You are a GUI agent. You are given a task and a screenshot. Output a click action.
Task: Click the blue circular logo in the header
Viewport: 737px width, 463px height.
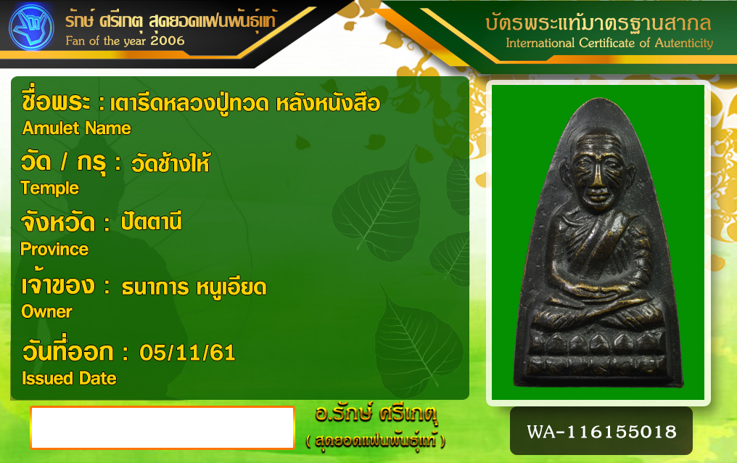click(x=31, y=28)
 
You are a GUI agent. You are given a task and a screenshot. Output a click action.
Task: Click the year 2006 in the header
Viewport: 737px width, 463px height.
click(x=168, y=41)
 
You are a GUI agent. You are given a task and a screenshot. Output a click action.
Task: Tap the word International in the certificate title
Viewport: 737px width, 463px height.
click(x=540, y=43)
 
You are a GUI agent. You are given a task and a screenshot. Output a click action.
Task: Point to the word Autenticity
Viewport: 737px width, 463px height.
click(x=684, y=43)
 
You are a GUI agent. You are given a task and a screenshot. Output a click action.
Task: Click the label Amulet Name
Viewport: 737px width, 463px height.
click(x=77, y=128)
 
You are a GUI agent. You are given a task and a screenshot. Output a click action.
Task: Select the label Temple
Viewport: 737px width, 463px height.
click(x=50, y=188)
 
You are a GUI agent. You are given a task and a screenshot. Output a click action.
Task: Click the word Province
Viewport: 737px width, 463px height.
click(x=54, y=249)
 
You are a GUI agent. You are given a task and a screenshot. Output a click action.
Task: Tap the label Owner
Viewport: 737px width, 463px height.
click(x=46, y=311)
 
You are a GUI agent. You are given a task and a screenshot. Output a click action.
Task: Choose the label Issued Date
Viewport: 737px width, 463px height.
click(x=69, y=378)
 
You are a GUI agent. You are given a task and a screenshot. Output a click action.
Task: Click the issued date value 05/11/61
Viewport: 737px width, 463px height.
click(x=188, y=353)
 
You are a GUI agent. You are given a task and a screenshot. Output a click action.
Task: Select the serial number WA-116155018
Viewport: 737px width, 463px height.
click(x=601, y=432)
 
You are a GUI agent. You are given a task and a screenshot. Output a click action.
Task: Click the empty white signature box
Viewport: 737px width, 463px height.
click(x=162, y=427)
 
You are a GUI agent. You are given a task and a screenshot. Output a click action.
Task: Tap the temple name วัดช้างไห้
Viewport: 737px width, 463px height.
click(x=170, y=163)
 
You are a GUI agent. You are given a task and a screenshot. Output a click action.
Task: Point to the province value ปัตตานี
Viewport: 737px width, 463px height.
click(x=151, y=221)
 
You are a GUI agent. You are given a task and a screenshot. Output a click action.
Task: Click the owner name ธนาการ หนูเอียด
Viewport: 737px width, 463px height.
click(x=194, y=287)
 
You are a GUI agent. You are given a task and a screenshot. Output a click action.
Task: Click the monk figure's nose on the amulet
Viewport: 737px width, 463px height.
click(x=598, y=179)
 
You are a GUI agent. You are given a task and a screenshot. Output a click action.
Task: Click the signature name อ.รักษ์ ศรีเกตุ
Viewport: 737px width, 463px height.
click(x=376, y=414)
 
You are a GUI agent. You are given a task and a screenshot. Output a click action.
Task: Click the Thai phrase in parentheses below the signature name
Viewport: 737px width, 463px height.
click(x=375, y=441)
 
